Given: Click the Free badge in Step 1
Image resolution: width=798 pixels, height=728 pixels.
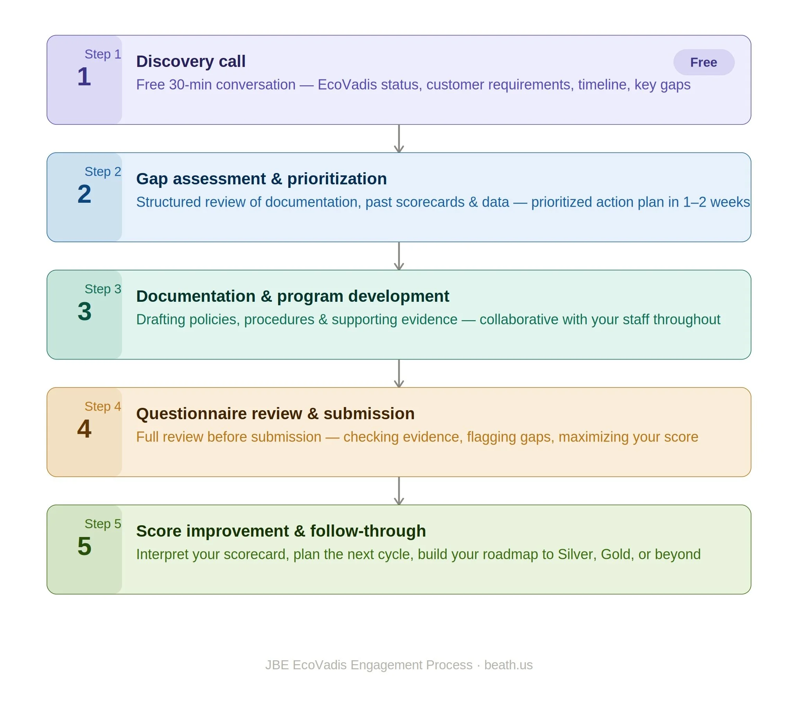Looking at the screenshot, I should (x=703, y=62).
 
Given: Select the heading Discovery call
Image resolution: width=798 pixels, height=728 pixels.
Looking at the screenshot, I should (x=191, y=61).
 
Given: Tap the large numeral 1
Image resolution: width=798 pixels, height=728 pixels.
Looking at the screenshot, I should (x=84, y=76).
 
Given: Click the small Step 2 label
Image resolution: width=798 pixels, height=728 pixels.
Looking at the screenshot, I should (x=102, y=171).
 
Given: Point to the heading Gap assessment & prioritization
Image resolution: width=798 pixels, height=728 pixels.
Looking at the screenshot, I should (x=261, y=178).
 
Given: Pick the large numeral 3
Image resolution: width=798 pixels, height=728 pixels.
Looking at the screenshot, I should (x=84, y=311).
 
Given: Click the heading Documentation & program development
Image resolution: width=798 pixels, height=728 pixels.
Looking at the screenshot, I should (x=293, y=296).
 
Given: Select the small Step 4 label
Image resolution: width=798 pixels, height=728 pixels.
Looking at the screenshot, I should (x=102, y=406).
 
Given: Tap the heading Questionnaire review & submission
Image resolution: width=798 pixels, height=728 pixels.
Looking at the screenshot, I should (x=275, y=413).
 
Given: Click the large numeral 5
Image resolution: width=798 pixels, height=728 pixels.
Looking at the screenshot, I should (x=84, y=546).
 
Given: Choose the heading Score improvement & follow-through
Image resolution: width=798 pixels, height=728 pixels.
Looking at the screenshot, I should (x=280, y=531).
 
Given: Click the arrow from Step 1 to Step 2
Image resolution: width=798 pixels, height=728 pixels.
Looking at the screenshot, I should (x=399, y=139).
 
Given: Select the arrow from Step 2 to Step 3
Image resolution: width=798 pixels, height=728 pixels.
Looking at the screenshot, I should (x=399, y=256).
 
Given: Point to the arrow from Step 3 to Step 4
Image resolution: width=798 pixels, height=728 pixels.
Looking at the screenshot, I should (x=399, y=373).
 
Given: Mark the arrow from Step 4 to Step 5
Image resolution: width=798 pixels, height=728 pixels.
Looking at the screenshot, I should (x=399, y=491).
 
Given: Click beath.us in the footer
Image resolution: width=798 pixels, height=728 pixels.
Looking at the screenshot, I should (x=508, y=665).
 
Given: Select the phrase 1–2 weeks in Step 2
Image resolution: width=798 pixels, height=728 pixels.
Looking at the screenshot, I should (x=717, y=202).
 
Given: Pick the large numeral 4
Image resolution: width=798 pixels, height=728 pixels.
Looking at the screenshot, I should (x=84, y=429).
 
